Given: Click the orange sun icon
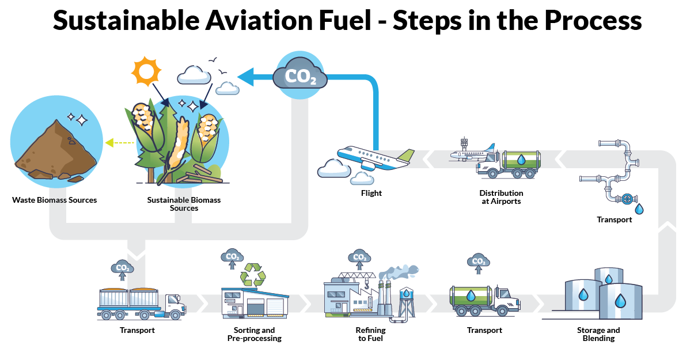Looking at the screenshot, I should click(145, 72).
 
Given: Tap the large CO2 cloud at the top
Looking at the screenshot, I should click(299, 76).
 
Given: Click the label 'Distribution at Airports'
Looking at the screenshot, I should click(501, 197).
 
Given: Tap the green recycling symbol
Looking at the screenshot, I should click(253, 275).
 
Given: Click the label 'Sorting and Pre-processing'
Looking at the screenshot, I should click(255, 334).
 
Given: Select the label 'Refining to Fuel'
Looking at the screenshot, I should click(370, 334).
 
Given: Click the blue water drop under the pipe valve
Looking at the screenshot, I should click(639, 209).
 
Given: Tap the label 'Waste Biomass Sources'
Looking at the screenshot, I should click(55, 200).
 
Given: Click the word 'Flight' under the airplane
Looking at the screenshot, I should click(371, 193).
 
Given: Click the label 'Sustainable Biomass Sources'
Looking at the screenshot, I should click(184, 204).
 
